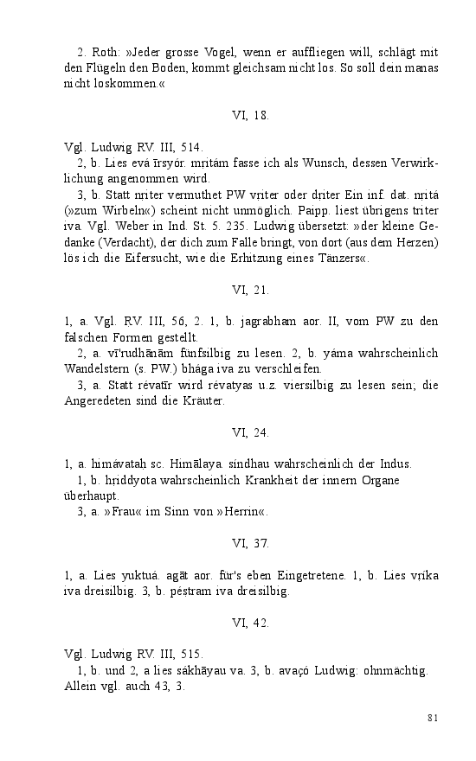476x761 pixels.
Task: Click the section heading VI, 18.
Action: coord(251,113)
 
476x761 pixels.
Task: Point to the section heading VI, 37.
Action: coord(251,543)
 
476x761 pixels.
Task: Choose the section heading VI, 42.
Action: coord(251,622)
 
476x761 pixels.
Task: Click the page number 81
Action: coord(434,717)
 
